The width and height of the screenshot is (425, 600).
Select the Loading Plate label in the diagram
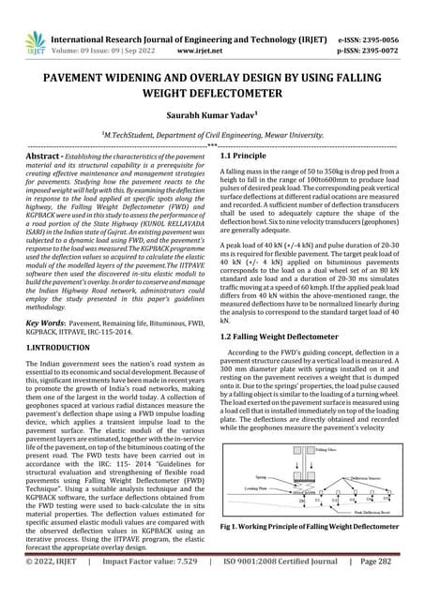point(256,514)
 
